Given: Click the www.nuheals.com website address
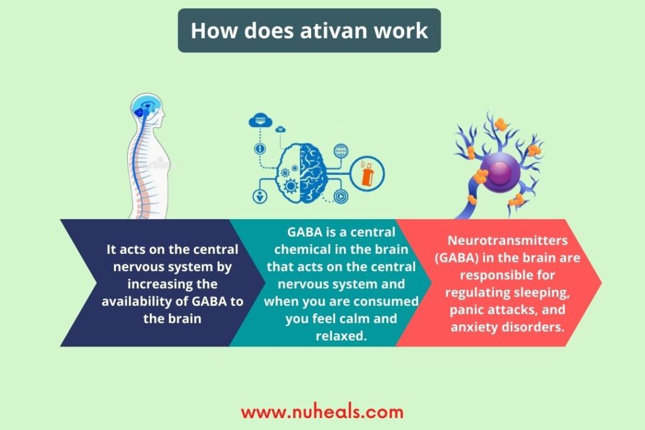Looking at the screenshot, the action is pyautogui.click(x=322, y=412).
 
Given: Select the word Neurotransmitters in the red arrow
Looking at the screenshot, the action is pyautogui.click(x=507, y=240).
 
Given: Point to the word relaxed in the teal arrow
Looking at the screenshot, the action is pyautogui.click(x=341, y=336).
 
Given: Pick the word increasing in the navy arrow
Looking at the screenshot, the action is pyautogui.click(x=156, y=284).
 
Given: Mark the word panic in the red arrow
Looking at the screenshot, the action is pyautogui.click(x=467, y=310).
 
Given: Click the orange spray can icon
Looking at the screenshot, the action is pyautogui.click(x=367, y=174).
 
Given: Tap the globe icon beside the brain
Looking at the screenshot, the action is pyautogui.click(x=341, y=151).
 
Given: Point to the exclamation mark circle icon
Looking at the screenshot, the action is pyautogui.click(x=260, y=149).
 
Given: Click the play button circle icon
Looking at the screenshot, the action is pyautogui.click(x=341, y=196).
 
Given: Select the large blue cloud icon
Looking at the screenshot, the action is pyautogui.click(x=260, y=120).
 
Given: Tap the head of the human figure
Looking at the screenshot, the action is pyautogui.click(x=148, y=108).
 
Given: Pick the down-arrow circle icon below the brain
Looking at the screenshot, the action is pyautogui.click(x=260, y=196).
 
